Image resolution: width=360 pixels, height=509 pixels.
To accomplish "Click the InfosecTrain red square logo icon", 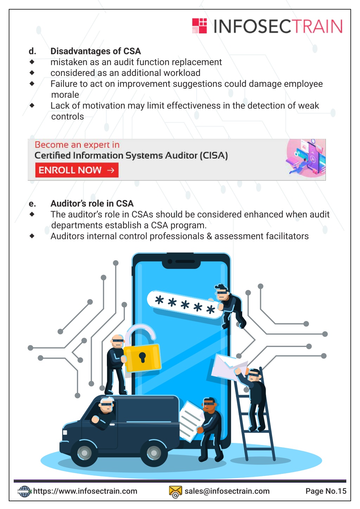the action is point(200,26).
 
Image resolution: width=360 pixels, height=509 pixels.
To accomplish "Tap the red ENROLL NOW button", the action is point(77,170).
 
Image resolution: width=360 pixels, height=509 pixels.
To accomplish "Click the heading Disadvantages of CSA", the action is point(96,51).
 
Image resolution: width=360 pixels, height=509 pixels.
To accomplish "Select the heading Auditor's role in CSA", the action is point(92,204).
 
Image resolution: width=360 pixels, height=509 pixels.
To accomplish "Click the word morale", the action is point(65,95).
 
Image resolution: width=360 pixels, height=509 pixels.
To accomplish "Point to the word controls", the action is point(67,117).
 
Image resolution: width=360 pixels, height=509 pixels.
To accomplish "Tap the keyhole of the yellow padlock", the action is point(142,357).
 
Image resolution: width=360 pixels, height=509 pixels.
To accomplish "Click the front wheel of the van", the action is point(84,453).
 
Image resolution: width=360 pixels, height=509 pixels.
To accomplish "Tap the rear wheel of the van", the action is point(154,453).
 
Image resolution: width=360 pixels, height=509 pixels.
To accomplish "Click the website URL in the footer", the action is point(85,491).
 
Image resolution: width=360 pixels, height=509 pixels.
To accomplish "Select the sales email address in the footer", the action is point(227,491).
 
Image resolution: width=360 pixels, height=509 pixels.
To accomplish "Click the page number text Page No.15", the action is point(326,491).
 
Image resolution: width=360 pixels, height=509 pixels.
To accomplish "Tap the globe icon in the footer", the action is point(24,491).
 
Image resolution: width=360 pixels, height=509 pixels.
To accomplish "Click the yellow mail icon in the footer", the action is point(175,492).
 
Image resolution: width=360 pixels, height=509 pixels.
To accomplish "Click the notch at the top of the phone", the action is point(181,263).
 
